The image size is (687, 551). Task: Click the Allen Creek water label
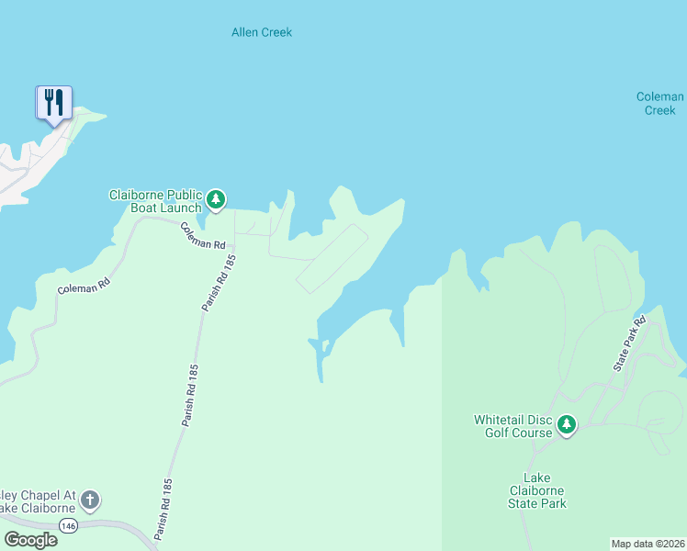click(x=261, y=32)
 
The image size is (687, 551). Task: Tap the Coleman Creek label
click(x=659, y=104)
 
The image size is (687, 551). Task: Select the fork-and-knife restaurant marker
click(x=54, y=102)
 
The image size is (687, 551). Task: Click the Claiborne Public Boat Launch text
click(x=154, y=201)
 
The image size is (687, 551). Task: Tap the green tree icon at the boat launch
click(x=215, y=198)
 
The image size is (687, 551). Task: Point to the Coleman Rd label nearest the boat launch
click(x=203, y=237)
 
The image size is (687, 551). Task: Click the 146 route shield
click(x=69, y=525)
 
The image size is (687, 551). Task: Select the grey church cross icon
click(x=89, y=500)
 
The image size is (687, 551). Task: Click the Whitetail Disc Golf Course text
click(x=513, y=426)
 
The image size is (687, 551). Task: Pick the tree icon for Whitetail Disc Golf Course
click(x=567, y=423)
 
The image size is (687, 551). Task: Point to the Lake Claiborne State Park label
click(x=545, y=490)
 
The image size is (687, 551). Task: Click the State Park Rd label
click(x=630, y=344)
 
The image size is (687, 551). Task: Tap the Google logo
click(x=30, y=540)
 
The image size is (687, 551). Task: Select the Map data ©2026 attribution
click(x=648, y=543)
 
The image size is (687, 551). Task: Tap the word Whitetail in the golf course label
click(x=502, y=420)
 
